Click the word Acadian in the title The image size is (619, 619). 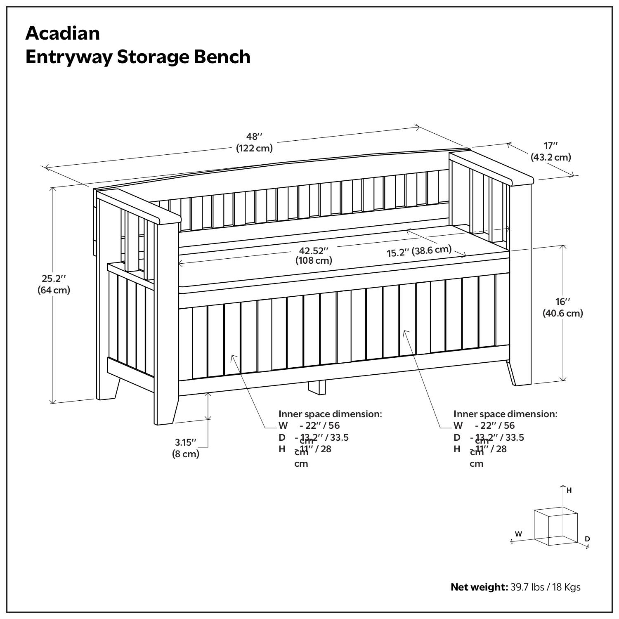(62, 33)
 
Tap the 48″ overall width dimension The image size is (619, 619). (254, 137)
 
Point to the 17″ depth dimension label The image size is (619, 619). (550, 146)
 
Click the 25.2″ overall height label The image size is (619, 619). (54, 279)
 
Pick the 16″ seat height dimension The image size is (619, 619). (562, 302)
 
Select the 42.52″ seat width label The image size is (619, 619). (314, 250)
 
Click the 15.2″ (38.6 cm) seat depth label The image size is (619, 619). (419, 251)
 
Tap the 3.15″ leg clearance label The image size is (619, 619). (185, 442)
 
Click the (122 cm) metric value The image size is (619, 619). (254, 148)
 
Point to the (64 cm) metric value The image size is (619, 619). (54, 290)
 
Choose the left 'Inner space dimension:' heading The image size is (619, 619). (330, 414)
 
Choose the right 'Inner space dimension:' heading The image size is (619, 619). (505, 414)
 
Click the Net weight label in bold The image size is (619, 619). (479, 587)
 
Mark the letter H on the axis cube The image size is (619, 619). (569, 490)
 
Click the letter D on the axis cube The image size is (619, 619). (587, 539)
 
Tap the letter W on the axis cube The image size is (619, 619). (518, 534)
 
